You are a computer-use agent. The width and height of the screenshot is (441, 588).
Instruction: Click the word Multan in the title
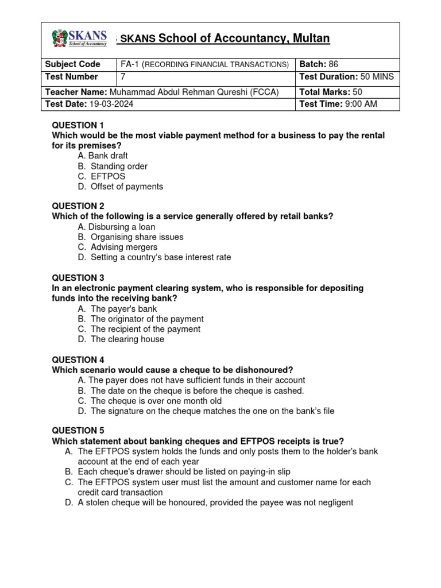point(310,38)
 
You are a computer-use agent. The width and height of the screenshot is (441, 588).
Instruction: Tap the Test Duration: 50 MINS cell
point(346,77)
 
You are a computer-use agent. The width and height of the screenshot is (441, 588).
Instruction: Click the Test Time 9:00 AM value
point(361,104)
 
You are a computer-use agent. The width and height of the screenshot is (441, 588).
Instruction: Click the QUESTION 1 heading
point(78,125)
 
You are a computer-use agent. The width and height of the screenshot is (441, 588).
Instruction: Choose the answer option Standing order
point(119,167)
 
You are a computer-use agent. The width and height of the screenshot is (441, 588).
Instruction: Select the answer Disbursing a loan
point(122,227)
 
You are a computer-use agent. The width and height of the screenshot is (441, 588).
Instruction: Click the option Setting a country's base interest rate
point(160,257)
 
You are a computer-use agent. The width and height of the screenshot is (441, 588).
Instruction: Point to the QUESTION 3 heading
point(78,278)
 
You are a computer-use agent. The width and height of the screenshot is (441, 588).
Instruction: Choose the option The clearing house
point(127,339)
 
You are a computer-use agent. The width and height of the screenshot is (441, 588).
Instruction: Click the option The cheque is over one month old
point(156,401)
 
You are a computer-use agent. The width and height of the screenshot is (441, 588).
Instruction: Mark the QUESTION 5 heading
point(78,431)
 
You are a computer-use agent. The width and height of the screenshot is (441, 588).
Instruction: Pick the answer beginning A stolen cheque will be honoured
point(215,502)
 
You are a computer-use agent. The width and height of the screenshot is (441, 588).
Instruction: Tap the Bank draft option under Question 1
point(108,156)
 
